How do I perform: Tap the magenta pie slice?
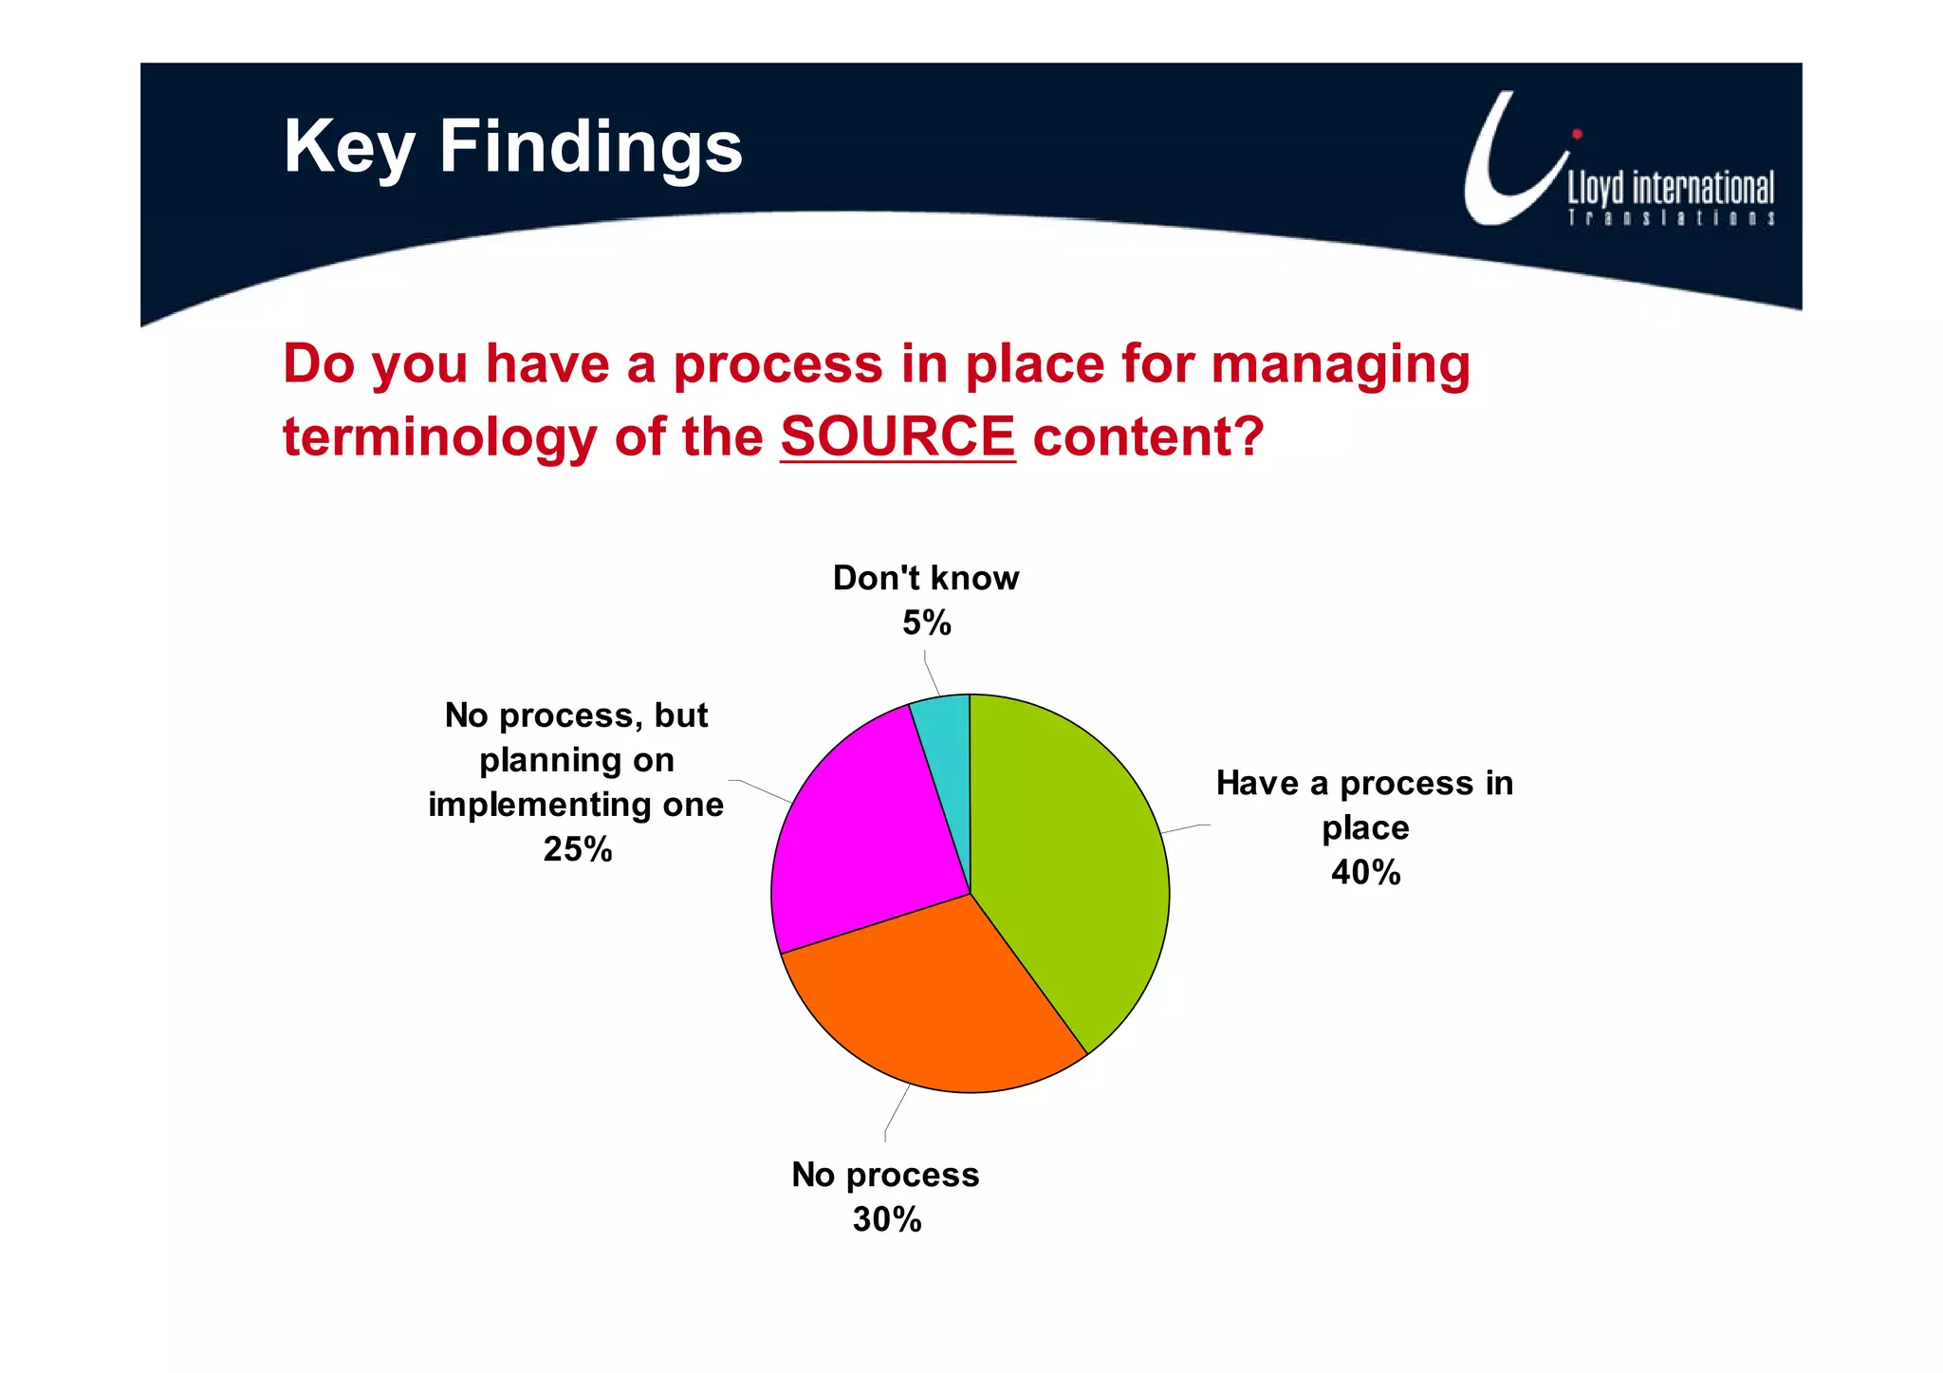tap(854, 835)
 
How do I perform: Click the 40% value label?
tap(1365, 872)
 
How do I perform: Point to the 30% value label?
tap(886, 1219)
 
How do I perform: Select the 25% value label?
tap(577, 848)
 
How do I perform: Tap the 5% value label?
tap(926, 622)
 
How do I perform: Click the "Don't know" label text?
tap(925, 578)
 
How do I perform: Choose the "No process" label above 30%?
tap(885, 1175)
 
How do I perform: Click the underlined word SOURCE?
tap(897, 436)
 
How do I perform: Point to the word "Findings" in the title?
tap(590, 147)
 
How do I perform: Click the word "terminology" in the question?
tap(440, 438)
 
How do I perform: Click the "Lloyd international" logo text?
tap(1670, 188)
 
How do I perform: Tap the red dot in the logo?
tap(1577, 134)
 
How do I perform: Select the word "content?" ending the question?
tap(1148, 436)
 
